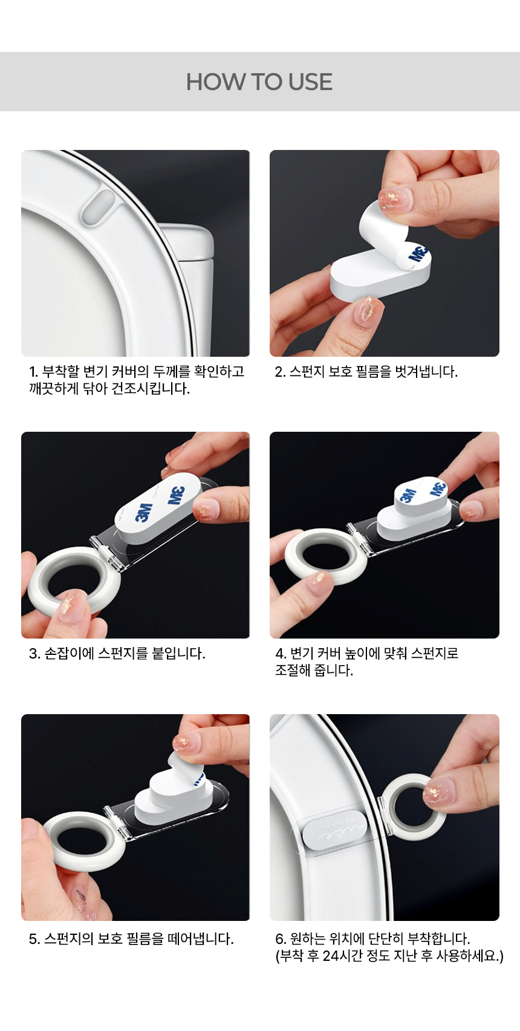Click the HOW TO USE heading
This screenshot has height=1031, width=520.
pos(259,82)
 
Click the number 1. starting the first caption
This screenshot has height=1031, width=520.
pos(34,371)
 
